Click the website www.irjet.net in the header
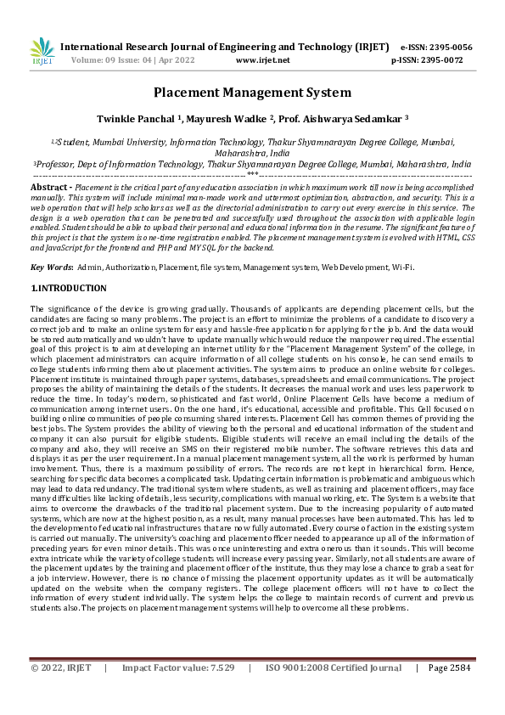262,60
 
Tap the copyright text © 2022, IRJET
62,692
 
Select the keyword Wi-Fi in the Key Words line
402,267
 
